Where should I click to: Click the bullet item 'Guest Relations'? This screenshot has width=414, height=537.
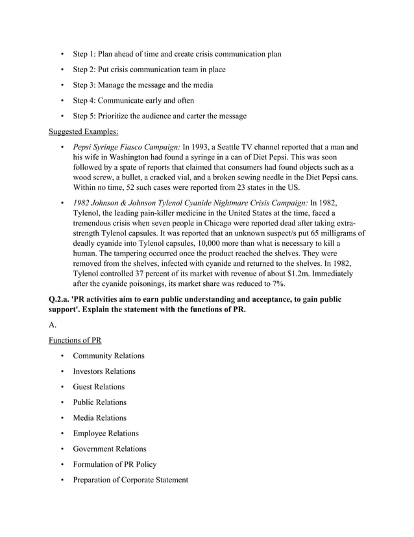click(x=99, y=387)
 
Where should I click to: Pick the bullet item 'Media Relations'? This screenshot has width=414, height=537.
click(x=99, y=418)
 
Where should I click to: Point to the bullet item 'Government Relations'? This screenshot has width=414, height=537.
click(x=110, y=449)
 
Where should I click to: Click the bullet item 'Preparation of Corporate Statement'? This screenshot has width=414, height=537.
click(x=130, y=480)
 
